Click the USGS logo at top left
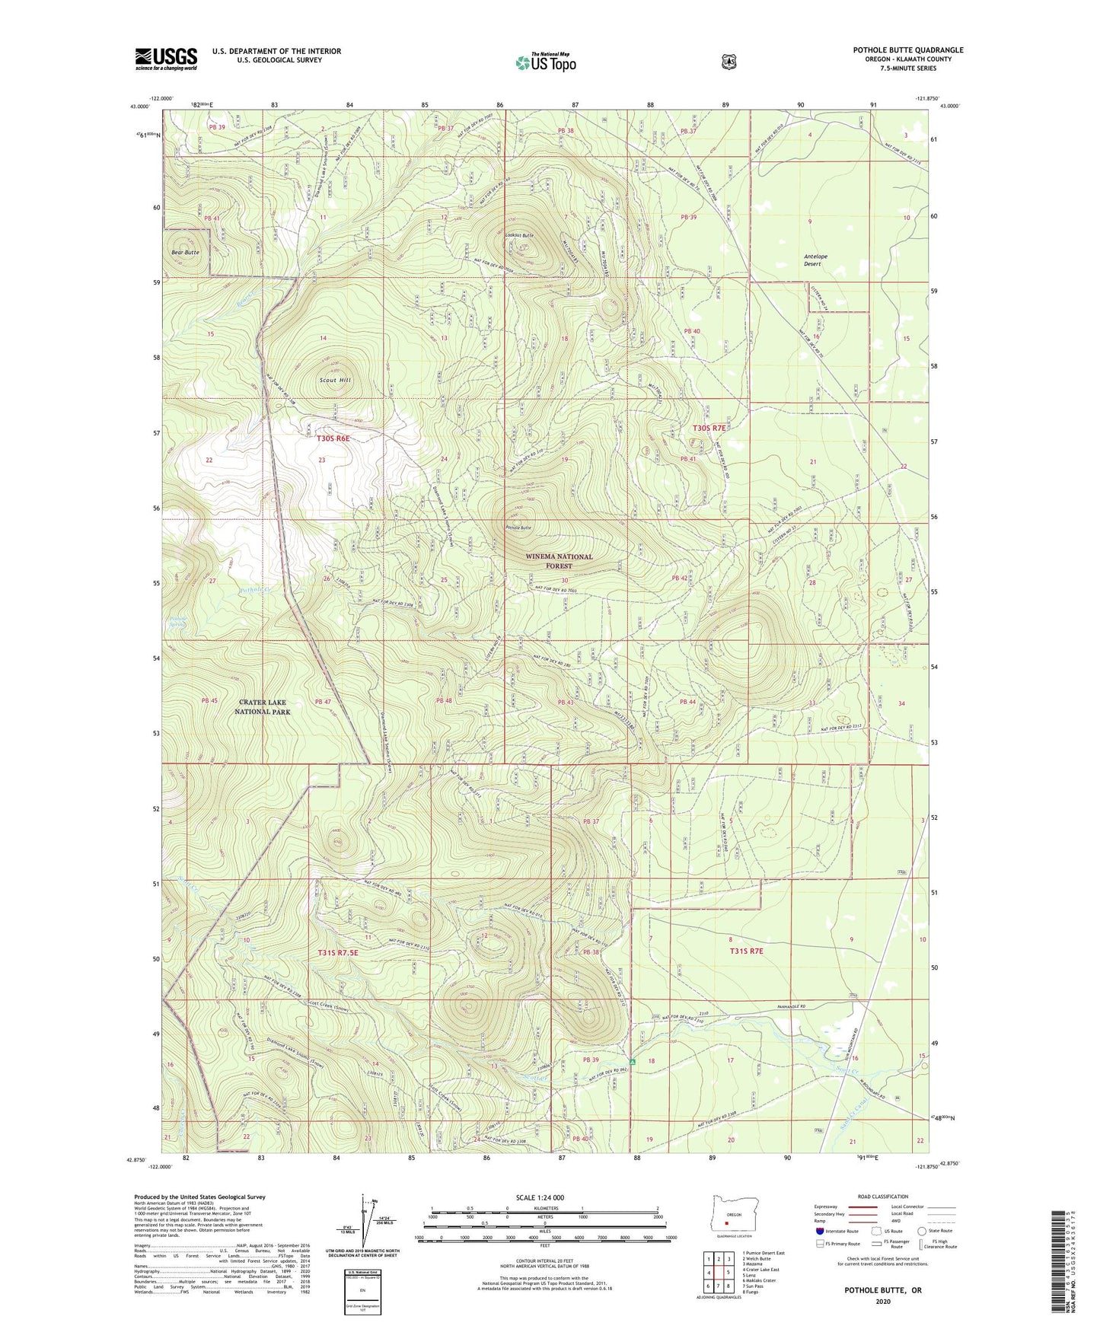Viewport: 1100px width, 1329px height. click(166, 59)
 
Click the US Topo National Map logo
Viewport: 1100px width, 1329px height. click(544, 62)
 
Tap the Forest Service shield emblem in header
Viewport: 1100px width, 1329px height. click(729, 62)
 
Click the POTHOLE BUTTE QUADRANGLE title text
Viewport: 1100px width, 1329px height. click(907, 50)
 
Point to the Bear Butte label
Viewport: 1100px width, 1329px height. click(185, 251)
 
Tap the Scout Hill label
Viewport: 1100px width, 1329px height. click(335, 379)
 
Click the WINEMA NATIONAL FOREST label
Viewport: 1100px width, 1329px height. click(559, 561)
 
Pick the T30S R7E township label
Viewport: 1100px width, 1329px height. click(712, 429)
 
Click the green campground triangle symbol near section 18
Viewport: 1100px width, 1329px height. click(632, 1061)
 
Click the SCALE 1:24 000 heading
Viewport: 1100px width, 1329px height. click(540, 1197)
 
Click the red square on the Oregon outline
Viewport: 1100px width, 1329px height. click(726, 1225)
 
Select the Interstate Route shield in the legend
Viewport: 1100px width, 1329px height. click(819, 1231)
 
